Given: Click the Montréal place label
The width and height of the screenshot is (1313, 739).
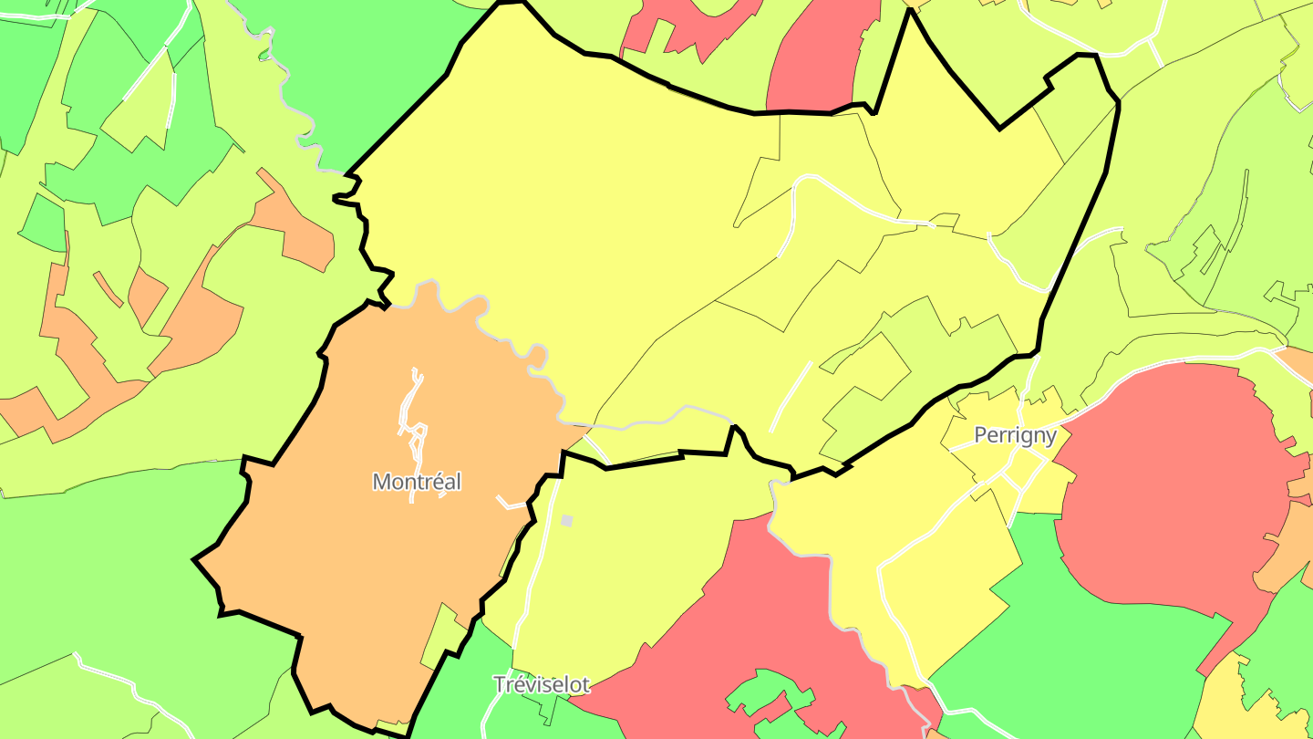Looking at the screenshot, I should click(x=417, y=482).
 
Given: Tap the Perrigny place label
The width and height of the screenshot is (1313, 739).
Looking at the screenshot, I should click(x=1015, y=435).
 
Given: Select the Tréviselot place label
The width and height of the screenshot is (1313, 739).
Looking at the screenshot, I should click(x=542, y=684).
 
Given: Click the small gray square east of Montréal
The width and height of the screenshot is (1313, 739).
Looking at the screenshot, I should click(x=567, y=520).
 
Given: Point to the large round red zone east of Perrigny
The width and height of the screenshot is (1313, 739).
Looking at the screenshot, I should click(x=1176, y=484).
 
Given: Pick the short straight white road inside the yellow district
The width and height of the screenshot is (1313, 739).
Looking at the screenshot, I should click(x=791, y=396).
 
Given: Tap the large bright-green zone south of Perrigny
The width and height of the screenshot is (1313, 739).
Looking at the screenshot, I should click(x=1094, y=639).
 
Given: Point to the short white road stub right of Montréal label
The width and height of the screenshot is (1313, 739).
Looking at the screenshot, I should click(x=509, y=503).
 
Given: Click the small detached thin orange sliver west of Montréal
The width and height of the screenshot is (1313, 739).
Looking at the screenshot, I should click(x=108, y=288).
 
